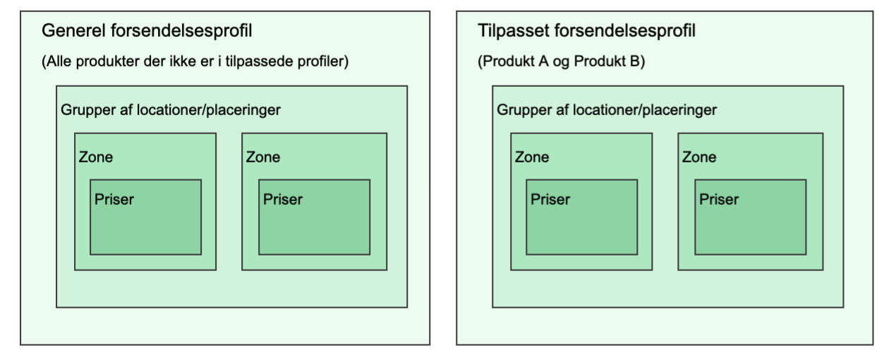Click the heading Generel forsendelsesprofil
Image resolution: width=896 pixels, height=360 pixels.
[x=147, y=31]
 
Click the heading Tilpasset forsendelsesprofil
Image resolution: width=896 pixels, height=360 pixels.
[x=586, y=31]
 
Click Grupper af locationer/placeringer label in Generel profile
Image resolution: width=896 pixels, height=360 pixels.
[x=171, y=110]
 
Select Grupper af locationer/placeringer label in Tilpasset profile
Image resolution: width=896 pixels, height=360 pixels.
[x=607, y=110]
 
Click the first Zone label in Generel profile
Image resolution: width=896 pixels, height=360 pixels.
[x=96, y=157]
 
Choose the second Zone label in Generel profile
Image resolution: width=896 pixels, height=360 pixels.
[x=263, y=157]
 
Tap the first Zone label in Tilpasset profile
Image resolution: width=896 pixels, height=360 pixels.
[x=532, y=157]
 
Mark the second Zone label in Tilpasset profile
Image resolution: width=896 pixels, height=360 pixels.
[x=699, y=157]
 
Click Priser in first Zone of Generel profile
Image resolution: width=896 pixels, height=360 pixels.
[x=114, y=199]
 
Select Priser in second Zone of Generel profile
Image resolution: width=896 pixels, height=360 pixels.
[x=283, y=199]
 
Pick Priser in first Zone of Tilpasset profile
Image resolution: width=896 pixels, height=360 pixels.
[x=550, y=199]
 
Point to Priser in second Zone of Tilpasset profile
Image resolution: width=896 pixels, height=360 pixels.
[x=719, y=199]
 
